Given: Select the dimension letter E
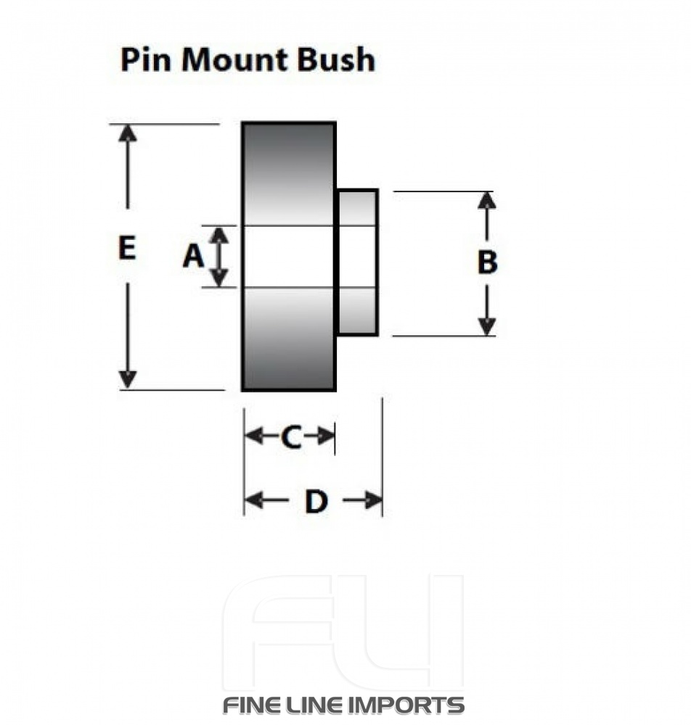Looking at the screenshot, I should coord(126,249).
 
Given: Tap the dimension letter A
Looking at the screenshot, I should coord(192,256).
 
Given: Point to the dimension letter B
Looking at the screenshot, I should coord(487,262).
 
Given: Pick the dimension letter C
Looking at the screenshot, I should coord(290,437).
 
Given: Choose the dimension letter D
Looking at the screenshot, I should coord(315,501).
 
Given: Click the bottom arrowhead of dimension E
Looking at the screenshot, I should coord(128,379).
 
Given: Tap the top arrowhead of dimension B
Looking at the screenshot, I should coord(487,201).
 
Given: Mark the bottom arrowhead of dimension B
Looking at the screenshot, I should coord(487,326).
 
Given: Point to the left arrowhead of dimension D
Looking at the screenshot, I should coord(253,500).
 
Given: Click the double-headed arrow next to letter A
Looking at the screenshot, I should coord(220,256).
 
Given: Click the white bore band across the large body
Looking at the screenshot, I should coord(289,256).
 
